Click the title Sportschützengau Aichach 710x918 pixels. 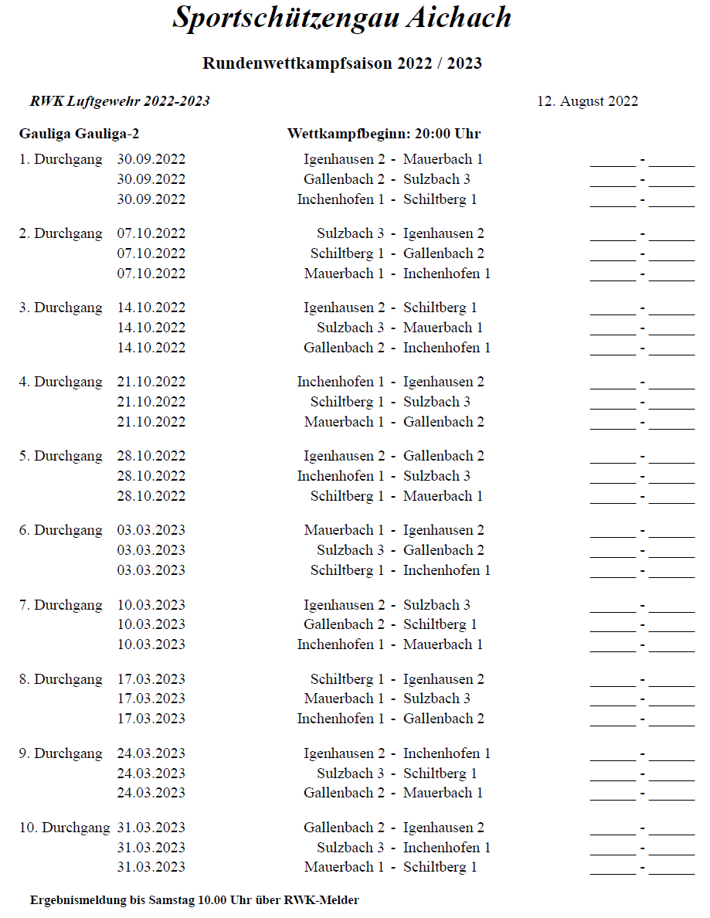pos(341,18)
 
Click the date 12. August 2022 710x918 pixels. pos(587,101)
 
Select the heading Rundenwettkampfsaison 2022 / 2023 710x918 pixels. pos(341,63)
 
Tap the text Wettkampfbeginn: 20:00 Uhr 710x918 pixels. pos(383,134)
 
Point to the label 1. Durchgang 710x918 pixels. pos(60,159)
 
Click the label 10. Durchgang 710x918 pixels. pos(64,828)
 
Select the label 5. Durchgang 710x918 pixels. pos(60,456)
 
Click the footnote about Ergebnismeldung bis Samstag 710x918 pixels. pos(195,899)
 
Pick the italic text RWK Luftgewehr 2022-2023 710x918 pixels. pos(120,101)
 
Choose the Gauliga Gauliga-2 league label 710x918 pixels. pos(79,134)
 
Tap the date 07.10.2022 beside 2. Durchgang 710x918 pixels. pos(151,233)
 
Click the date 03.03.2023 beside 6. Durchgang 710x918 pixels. pos(151,530)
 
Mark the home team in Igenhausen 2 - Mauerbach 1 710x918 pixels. pos(344,159)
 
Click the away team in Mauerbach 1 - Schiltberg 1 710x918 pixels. pos(440,867)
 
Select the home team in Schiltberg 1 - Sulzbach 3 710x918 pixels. pos(347,402)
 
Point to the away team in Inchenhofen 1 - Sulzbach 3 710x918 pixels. pos(437,476)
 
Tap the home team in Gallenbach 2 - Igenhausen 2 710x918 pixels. pos(344,828)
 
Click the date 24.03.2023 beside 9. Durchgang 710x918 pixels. pos(151,753)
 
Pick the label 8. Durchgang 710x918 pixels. pos(60,679)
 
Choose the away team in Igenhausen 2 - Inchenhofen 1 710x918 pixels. pos(447,753)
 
